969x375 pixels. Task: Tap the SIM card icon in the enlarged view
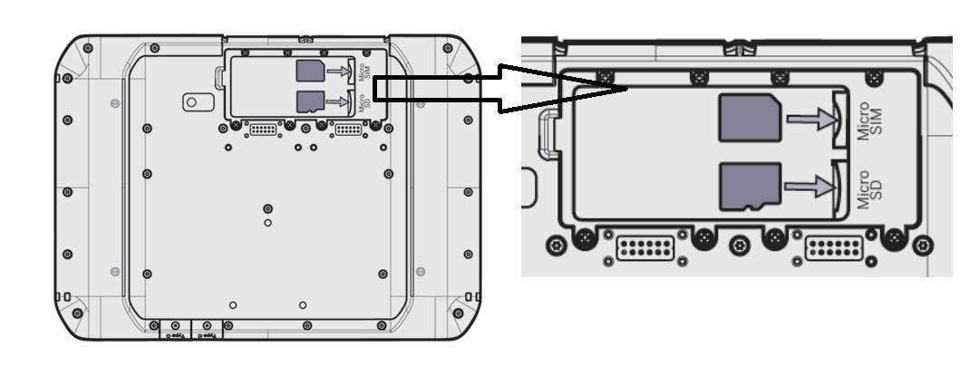tap(748, 118)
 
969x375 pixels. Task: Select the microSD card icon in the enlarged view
tap(749, 187)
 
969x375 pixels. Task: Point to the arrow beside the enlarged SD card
tap(809, 187)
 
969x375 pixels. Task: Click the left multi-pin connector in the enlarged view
tap(644, 247)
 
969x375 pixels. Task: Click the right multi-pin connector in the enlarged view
tap(833, 247)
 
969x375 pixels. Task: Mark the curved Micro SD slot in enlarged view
tap(838, 186)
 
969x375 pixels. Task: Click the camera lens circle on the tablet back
tap(193, 101)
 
